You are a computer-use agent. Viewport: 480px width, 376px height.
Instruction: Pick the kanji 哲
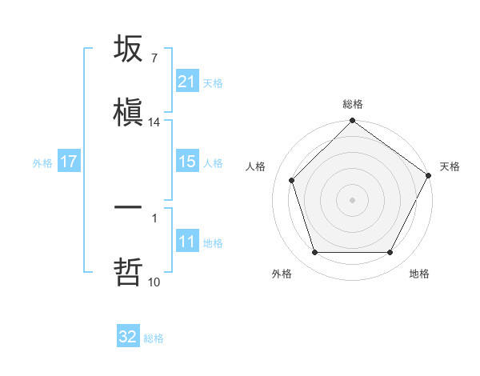128,271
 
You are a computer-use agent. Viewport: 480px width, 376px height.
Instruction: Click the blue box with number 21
186,82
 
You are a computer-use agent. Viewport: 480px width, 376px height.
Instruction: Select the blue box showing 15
186,162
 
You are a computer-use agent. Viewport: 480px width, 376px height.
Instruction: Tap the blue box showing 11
186,242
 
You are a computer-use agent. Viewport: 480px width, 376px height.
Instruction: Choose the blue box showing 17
69,162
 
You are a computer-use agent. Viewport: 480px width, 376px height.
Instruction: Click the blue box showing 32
128,337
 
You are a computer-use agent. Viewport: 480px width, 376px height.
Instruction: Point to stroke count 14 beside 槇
154,122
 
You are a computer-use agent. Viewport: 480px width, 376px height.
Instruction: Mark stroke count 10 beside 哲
154,282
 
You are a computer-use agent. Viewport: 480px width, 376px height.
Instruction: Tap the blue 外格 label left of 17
42,162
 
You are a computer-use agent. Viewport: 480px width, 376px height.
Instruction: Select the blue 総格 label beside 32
154,338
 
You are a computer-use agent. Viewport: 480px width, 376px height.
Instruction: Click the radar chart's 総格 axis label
352,104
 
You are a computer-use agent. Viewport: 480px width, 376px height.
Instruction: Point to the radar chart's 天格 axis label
450,166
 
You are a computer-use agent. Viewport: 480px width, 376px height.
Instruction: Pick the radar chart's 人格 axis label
256,166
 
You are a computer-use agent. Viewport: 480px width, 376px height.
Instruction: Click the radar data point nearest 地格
390,253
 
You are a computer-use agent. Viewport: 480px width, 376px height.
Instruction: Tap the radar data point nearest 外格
314,253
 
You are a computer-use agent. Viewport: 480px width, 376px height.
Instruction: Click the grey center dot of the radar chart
352,200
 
